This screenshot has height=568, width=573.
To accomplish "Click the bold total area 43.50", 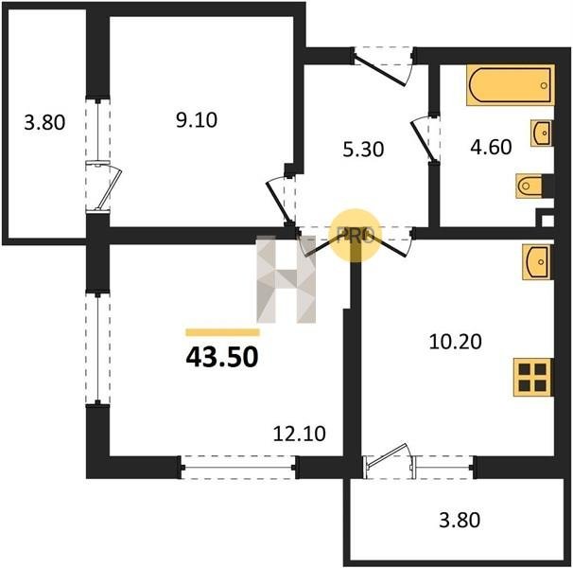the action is click(x=222, y=357).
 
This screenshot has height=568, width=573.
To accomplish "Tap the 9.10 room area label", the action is click(x=197, y=119).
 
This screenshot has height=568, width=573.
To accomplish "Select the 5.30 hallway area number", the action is click(x=363, y=150).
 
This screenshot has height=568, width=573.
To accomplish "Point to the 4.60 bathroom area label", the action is click(x=491, y=147).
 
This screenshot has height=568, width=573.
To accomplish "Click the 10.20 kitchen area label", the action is click(x=456, y=342).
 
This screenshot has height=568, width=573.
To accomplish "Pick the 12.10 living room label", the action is click(x=300, y=434).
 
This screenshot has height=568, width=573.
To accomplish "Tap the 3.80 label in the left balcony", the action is click(x=44, y=122).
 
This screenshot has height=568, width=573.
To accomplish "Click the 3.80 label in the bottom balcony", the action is click(x=460, y=520).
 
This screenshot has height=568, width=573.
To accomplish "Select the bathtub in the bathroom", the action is click(x=511, y=85).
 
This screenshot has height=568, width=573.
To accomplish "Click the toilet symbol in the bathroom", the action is click(x=530, y=186).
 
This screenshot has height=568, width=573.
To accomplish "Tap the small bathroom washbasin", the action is click(x=542, y=133).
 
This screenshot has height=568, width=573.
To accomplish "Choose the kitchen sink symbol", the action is click(x=537, y=262).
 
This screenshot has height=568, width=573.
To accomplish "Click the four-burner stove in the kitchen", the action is click(x=532, y=377).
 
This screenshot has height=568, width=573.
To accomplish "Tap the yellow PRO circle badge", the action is click(x=356, y=236).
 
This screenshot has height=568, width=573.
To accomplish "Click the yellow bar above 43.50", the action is click(x=222, y=332).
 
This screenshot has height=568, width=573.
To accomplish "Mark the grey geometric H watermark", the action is click(x=286, y=279).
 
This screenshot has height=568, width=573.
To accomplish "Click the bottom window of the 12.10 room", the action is click(x=238, y=468).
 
